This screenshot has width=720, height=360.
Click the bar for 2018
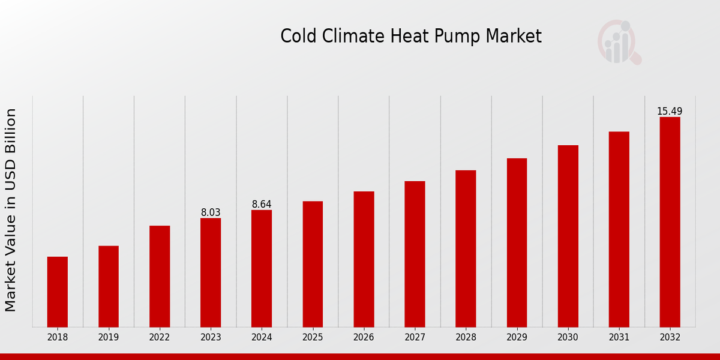[x=58, y=292]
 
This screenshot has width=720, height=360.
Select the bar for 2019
[x=109, y=286]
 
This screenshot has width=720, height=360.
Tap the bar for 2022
[x=160, y=276]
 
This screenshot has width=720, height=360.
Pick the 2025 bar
[x=313, y=264]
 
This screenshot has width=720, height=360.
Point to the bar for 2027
[x=415, y=254]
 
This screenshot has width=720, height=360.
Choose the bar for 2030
[x=568, y=236]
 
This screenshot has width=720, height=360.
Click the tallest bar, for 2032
[x=670, y=222]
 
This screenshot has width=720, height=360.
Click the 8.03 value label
[x=211, y=212]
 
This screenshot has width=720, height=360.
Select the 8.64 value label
[x=262, y=205]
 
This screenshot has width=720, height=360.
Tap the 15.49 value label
[x=670, y=112]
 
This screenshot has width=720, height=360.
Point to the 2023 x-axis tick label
[x=211, y=337]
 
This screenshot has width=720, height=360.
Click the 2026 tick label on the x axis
[x=364, y=337]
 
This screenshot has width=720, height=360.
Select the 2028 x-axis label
[x=466, y=337]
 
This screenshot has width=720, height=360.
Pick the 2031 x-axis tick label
[x=619, y=337]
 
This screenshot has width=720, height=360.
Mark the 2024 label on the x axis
[x=262, y=337]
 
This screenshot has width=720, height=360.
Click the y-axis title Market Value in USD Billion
[x=11, y=210]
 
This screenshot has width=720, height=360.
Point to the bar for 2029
[x=517, y=242]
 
